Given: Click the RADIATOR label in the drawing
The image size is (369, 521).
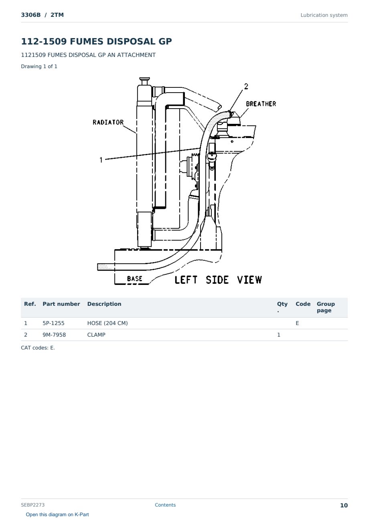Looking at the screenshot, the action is pos(108,122).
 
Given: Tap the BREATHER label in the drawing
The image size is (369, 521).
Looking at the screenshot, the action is pos(261,104).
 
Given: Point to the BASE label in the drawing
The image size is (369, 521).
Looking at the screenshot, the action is pos(134,279).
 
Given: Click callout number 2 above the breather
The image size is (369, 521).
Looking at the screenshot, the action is pos(246,87).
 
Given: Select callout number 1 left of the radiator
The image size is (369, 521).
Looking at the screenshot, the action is pos(101,160).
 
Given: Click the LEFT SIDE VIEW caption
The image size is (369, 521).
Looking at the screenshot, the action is pos(218,280).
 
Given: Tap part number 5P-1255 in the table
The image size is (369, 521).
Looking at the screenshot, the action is pos(53,323).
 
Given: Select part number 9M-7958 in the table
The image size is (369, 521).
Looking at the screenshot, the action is pos(54,335).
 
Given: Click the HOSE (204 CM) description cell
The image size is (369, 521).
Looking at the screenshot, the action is pos(107,323).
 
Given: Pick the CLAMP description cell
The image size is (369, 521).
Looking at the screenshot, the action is pos(96,335).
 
